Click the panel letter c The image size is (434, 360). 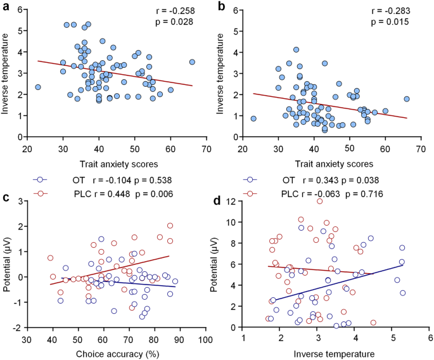pos(6,196)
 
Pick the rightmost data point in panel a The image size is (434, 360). pos(192,62)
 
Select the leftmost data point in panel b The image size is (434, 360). pos(253,119)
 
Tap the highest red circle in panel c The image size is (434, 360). pos(170,226)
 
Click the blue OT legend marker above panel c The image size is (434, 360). pos(41,179)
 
